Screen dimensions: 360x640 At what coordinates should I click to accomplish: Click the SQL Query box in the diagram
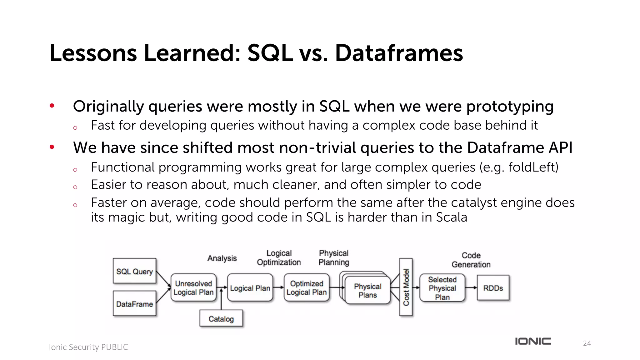pyautogui.click(x=134, y=271)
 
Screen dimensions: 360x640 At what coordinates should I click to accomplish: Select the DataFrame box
pyautogui.click(x=134, y=303)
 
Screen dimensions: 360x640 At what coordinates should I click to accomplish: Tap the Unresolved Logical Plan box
pyautogui.click(x=193, y=288)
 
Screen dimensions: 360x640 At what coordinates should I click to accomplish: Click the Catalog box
pyautogui.click(x=221, y=319)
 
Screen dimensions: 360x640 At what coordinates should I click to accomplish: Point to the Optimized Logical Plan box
pyautogui.click(x=307, y=288)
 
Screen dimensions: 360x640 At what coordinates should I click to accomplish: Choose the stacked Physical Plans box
pyautogui.click(x=367, y=290)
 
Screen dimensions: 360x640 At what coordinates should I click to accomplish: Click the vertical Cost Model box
pyautogui.click(x=406, y=287)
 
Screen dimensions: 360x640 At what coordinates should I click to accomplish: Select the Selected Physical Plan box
pyautogui.click(x=442, y=288)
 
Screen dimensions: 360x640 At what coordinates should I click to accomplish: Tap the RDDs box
pyautogui.click(x=493, y=288)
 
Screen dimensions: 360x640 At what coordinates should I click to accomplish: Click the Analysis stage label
pyautogui.click(x=222, y=258)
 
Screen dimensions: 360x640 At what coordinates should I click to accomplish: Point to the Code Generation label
pyautogui.click(x=471, y=260)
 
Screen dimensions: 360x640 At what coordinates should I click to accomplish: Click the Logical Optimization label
pyautogui.click(x=279, y=257)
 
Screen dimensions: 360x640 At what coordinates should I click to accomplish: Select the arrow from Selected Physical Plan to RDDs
pyautogui.click(x=471, y=287)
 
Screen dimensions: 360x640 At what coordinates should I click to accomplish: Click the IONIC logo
pyautogui.click(x=533, y=341)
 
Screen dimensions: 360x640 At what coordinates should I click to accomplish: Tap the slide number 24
pyautogui.click(x=587, y=343)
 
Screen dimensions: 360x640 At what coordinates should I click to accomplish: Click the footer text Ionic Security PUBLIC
pyautogui.click(x=88, y=347)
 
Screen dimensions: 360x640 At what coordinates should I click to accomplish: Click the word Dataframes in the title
pyautogui.click(x=399, y=53)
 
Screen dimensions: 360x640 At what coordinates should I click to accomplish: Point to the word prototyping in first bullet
pyautogui.click(x=510, y=107)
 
